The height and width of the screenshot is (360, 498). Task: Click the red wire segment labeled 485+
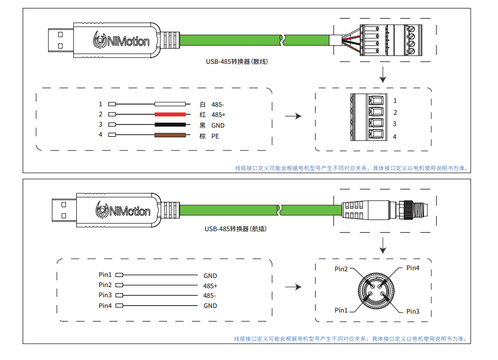(x=170, y=114)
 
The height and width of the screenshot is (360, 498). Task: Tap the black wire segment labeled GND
(x=170, y=124)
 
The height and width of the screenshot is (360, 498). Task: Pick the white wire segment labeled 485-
(x=170, y=104)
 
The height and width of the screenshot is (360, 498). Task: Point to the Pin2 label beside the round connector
(x=341, y=269)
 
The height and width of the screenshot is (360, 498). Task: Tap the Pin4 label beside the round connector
(x=413, y=268)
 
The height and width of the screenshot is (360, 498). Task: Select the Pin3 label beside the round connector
(x=413, y=311)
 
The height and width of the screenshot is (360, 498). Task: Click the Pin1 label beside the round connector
(x=341, y=310)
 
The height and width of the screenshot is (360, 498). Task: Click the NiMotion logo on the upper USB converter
(x=122, y=41)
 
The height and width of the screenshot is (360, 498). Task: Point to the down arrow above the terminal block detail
(x=383, y=73)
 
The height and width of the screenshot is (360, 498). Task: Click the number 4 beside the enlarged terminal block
(x=395, y=137)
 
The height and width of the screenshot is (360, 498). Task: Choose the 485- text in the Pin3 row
(x=210, y=296)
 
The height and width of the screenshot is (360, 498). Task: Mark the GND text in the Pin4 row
(x=210, y=306)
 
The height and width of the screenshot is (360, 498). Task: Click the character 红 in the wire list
(x=203, y=114)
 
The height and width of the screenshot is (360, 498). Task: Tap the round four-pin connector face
(x=377, y=290)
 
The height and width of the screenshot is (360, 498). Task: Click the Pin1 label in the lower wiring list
(x=105, y=275)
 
